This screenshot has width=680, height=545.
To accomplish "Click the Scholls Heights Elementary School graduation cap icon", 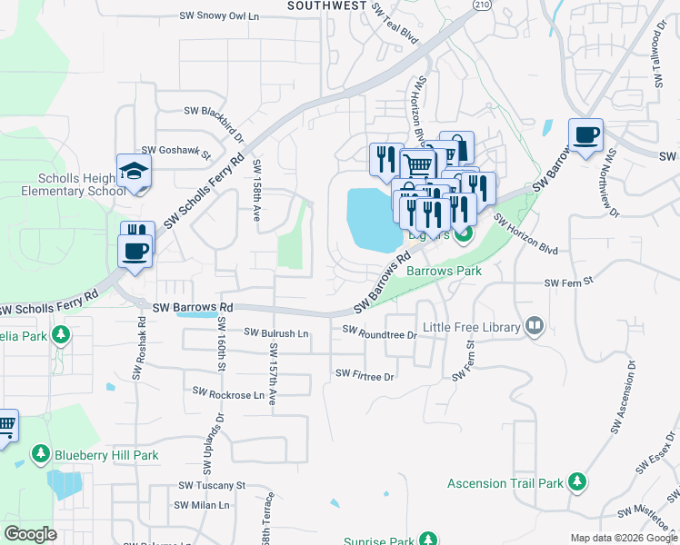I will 134,172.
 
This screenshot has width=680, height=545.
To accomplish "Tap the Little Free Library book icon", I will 535,327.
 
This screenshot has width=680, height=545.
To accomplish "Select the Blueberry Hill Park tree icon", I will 40,454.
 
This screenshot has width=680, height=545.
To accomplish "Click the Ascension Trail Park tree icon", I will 576,482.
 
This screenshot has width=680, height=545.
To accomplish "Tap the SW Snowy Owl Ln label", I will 219,15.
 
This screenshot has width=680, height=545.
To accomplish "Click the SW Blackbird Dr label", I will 214,112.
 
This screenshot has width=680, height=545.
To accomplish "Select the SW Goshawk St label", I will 176,151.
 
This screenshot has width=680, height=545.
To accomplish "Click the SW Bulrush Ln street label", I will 275,334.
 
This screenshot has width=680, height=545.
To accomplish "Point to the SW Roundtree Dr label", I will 379,334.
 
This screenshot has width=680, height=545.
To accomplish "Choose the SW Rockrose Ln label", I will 228,393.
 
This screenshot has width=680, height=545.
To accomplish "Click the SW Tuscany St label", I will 212,485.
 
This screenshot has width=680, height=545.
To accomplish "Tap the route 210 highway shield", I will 480,5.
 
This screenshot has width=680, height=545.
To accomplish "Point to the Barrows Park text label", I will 443,271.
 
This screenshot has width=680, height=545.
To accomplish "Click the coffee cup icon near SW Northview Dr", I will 585,135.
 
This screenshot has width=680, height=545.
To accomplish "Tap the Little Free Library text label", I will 471,327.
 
